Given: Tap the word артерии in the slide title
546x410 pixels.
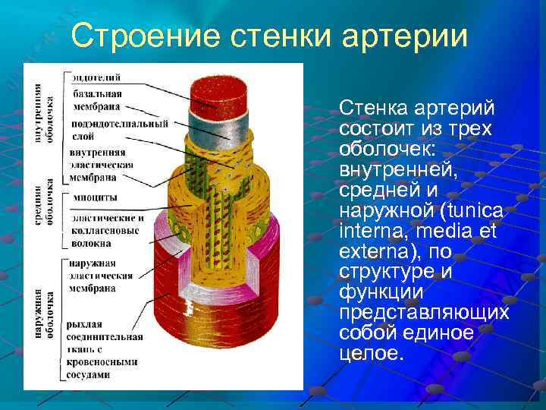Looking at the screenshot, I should click(401, 36).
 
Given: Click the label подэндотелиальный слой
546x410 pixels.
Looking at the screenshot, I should click(114, 129).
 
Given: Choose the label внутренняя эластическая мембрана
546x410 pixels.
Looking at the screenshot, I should click(102, 164).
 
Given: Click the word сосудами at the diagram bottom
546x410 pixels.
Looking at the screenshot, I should click(88, 374).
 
